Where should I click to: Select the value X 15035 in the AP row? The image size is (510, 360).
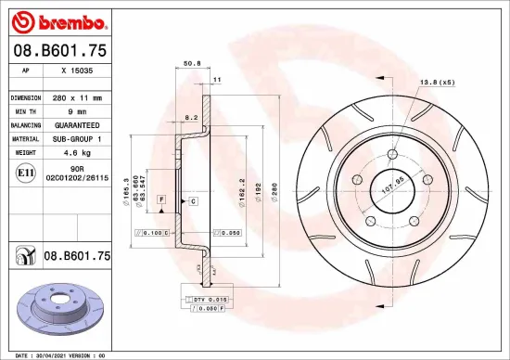click(75, 70)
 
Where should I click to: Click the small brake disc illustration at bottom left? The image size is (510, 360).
click(60, 313)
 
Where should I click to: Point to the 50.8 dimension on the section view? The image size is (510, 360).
click(192, 64)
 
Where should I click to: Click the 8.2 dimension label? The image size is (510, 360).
click(192, 118)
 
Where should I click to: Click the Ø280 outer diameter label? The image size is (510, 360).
click(275, 187)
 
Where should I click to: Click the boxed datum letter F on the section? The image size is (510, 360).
click(161, 199)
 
